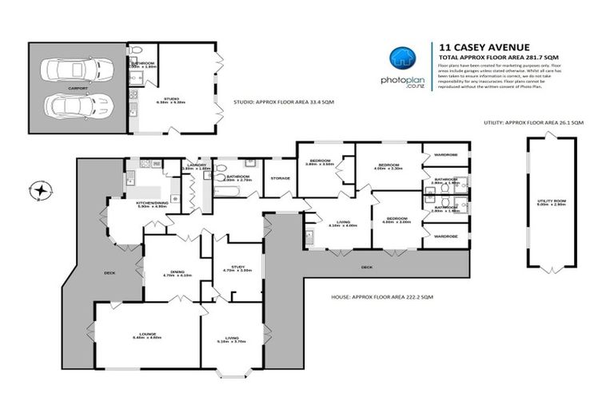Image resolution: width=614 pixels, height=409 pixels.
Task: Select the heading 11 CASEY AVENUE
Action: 472,47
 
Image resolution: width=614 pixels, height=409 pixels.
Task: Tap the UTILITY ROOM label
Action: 550,202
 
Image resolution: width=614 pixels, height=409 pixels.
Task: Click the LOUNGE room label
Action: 146,333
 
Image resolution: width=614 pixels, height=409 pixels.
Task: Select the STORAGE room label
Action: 279,178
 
